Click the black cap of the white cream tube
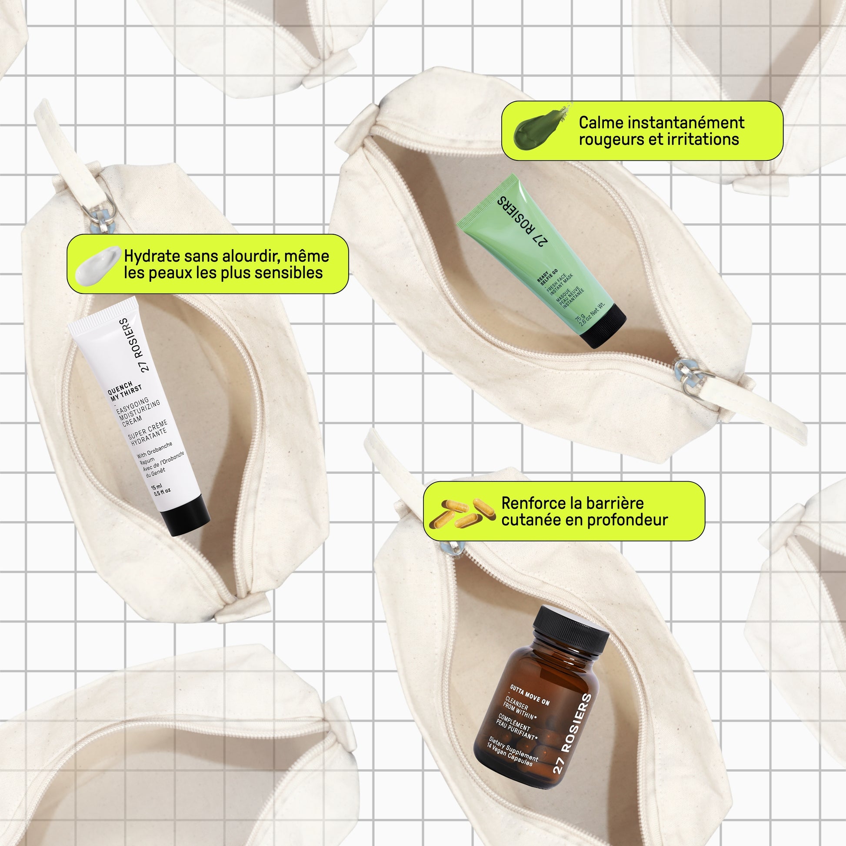[x=185, y=516]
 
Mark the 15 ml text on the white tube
[x=157, y=487]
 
